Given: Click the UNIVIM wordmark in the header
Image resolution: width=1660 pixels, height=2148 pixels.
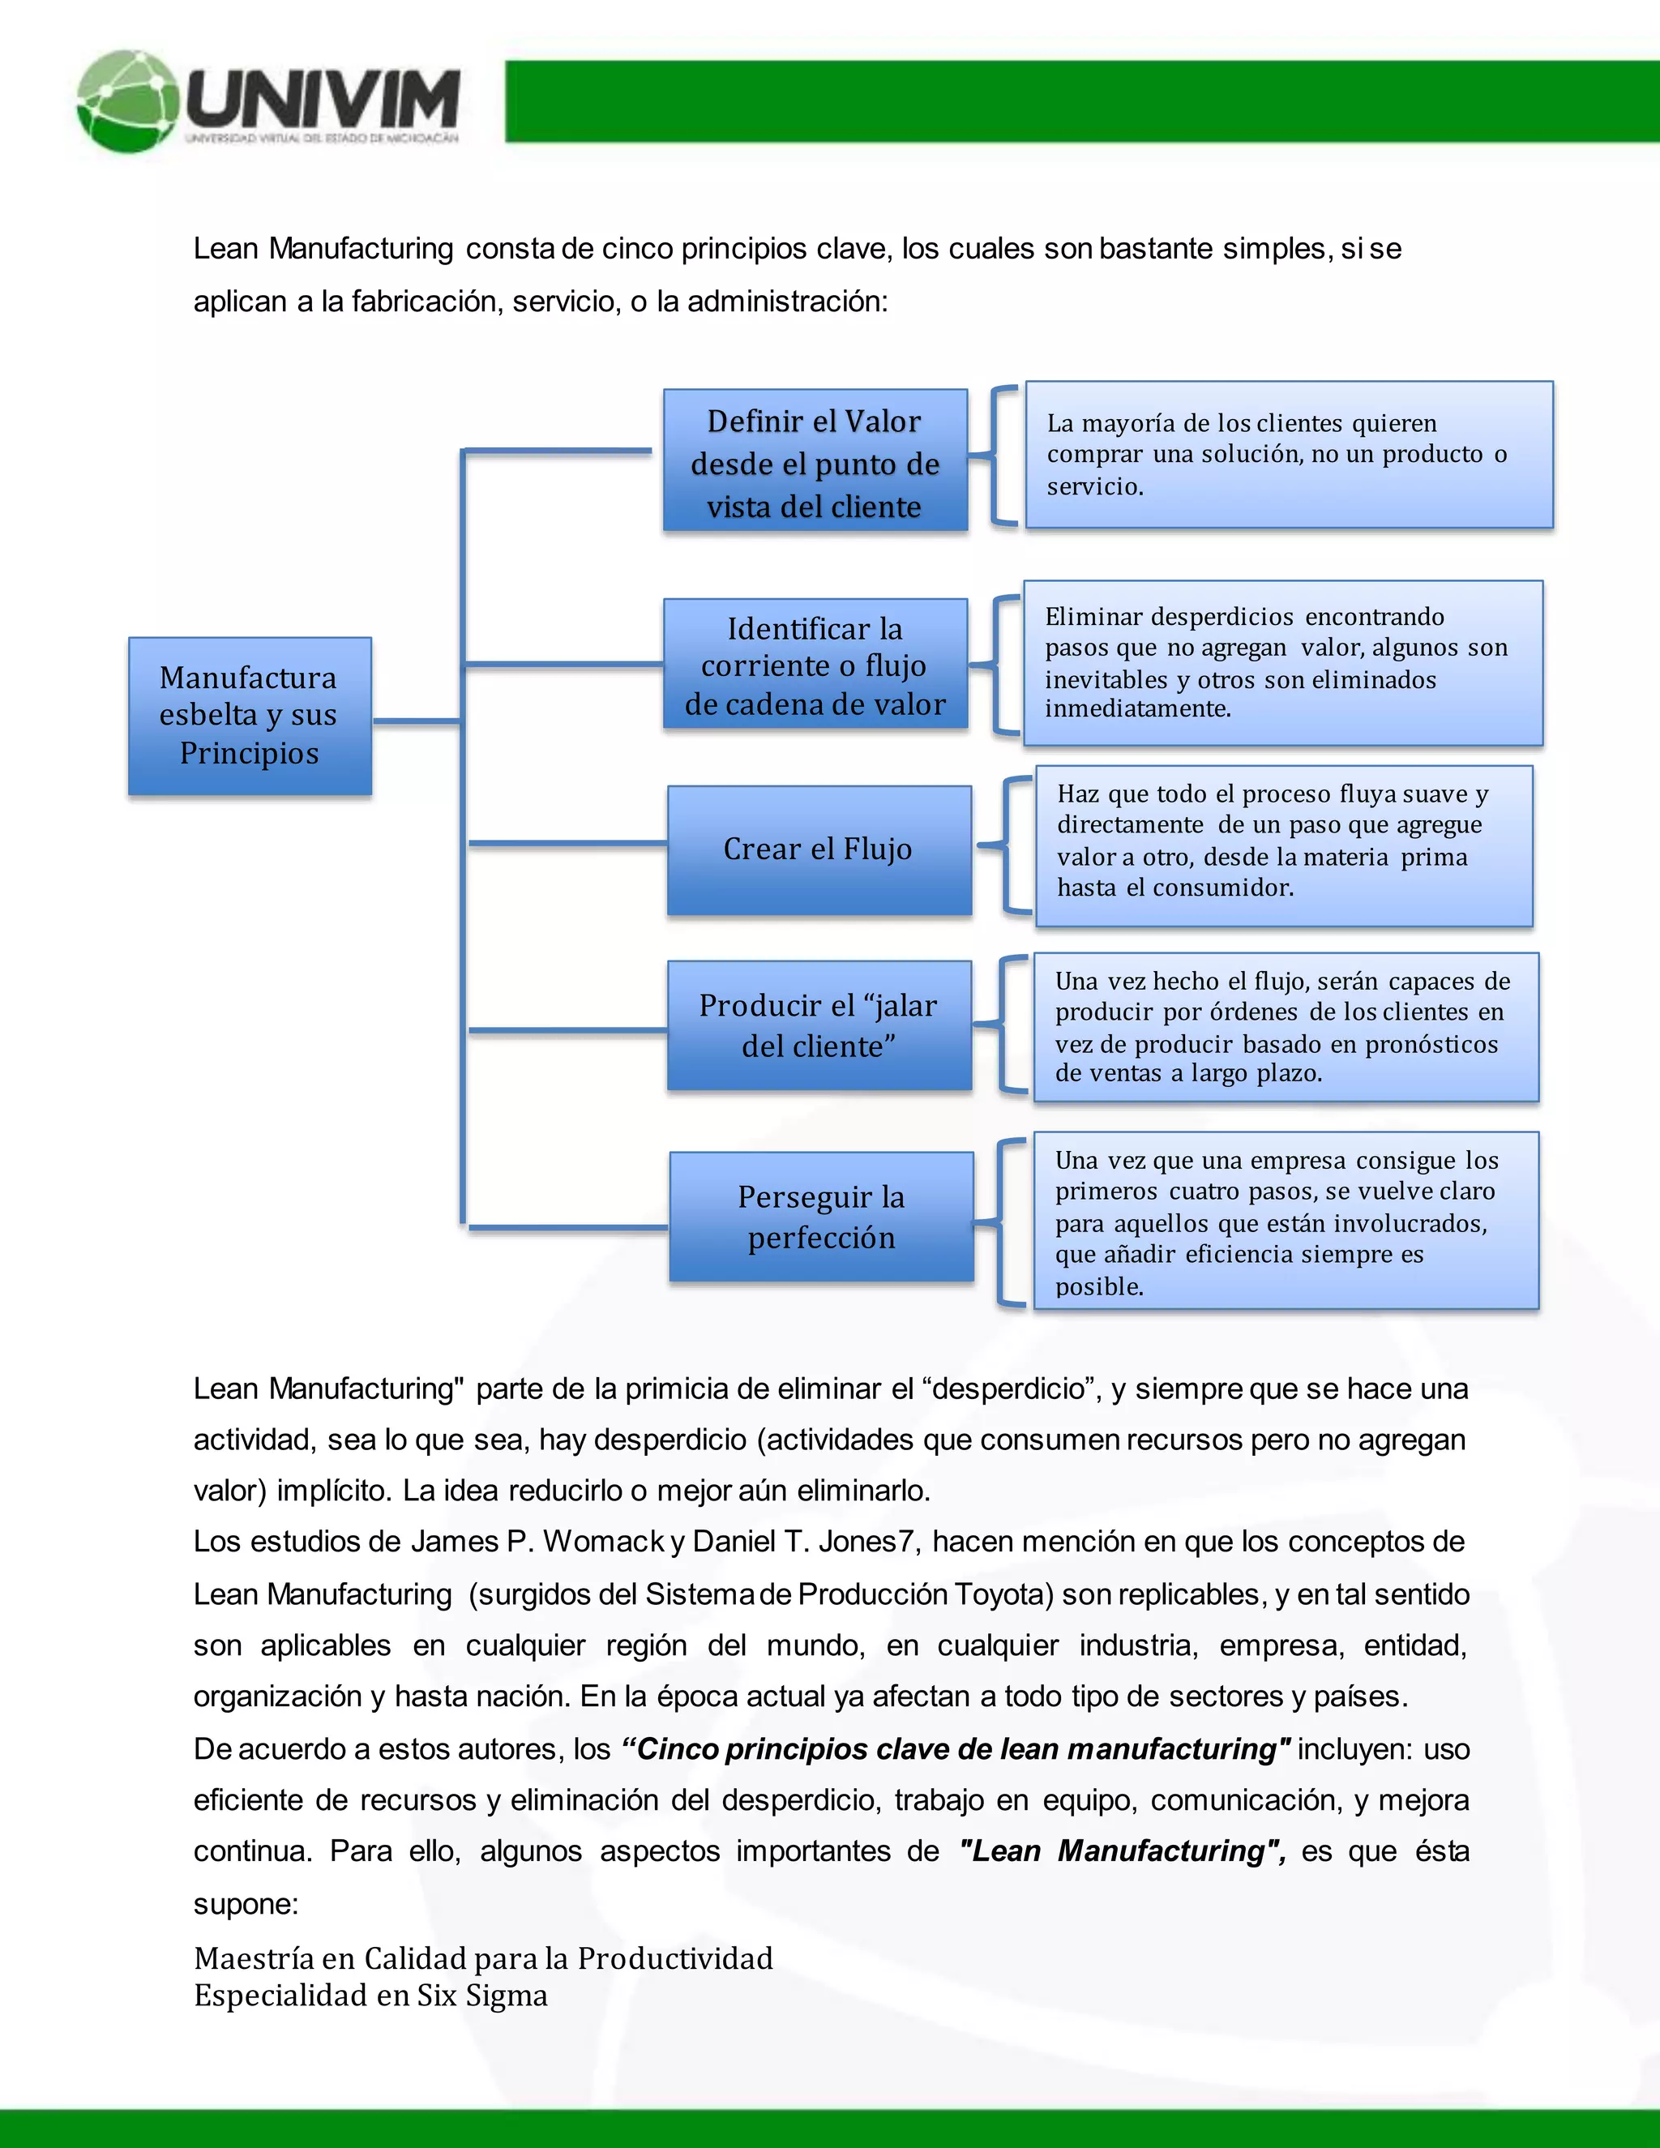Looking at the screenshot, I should pyautogui.click(x=323, y=98).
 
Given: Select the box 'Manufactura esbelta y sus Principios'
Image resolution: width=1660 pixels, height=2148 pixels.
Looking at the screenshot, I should pyautogui.click(x=250, y=715).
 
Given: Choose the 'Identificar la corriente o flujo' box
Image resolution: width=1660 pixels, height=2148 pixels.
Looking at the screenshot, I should pyautogui.click(x=815, y=665).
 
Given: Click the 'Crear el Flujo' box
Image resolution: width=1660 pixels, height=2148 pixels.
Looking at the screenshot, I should pyautogui.click(x=819, y=849).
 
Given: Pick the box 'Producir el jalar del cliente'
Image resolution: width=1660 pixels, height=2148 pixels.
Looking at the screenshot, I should pyautogui.click(x=819, y=1025).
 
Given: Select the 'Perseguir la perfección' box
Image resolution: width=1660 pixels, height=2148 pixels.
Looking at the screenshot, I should pyautogui.click(x=821, y=1217).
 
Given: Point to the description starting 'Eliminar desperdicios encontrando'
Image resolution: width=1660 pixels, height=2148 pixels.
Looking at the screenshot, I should pyautogui.click(x=1282, y=663).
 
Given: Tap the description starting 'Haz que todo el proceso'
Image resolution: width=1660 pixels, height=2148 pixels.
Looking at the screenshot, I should pyautogui.click(x=1283, y=845).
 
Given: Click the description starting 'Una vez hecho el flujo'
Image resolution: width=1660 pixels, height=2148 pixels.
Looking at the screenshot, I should pyautogui.click(x=1286, y=1027).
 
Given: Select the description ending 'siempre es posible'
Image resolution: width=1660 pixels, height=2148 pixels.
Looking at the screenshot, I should pyautogui.click(x=1286, y=1221).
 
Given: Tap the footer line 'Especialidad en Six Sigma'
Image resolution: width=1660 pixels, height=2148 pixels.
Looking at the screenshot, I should pyautogui.click(x=370, y=1996).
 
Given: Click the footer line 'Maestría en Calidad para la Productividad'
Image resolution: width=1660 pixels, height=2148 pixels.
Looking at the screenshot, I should pyautogui.click(x=483, y=1958).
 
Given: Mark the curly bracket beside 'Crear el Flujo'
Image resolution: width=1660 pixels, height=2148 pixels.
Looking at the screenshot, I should pyautogui.click(x=1006, y=845).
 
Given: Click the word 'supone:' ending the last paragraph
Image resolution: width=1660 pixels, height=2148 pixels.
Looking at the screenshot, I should pyautogui.click(x=245, y=1903).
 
